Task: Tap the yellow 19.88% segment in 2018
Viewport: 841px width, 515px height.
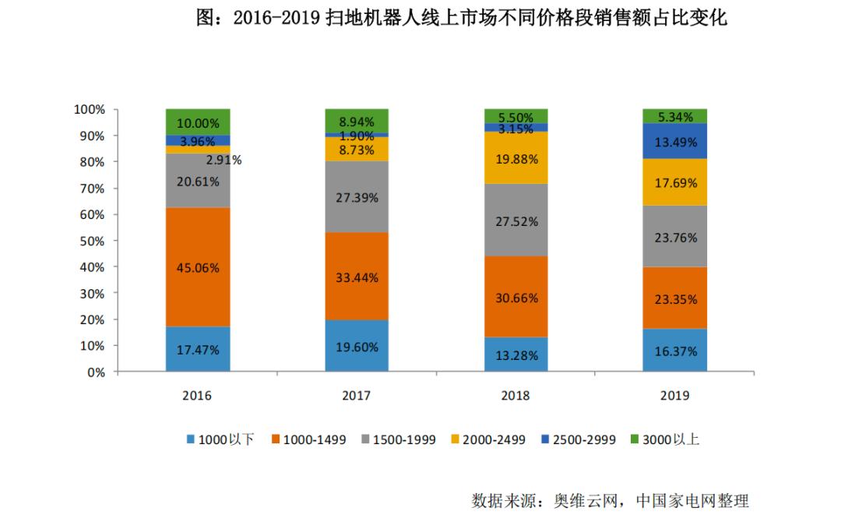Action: (x=516, y=158)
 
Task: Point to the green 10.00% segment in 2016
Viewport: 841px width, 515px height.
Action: (x=198, y=122)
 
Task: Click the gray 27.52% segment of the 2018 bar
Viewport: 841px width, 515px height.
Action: (x=516, y=220)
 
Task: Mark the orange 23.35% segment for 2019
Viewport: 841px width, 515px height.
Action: (x=674, y=298)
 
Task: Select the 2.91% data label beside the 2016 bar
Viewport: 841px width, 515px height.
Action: (x=223, y=160)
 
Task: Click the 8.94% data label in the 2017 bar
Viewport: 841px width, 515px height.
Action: (x=357, y=122)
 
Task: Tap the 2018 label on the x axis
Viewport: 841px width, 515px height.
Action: (x=516, y=396)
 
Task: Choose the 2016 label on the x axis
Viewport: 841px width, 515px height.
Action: (x=197, y=396)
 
